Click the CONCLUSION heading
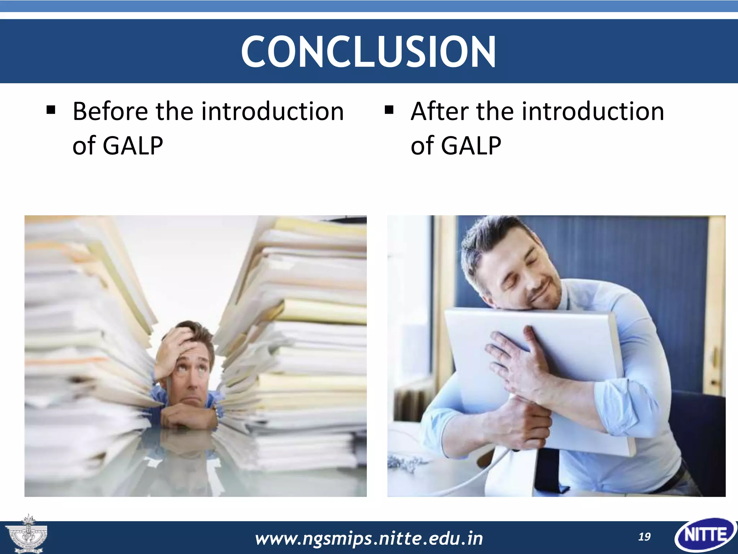pos(368,51)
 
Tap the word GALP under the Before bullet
pos(133,146)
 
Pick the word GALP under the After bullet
pos(471,146)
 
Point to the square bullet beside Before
pos(51,109)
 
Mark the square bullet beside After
pos(389,109)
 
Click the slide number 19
pos(644,537)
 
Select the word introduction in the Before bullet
pos(272,111)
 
